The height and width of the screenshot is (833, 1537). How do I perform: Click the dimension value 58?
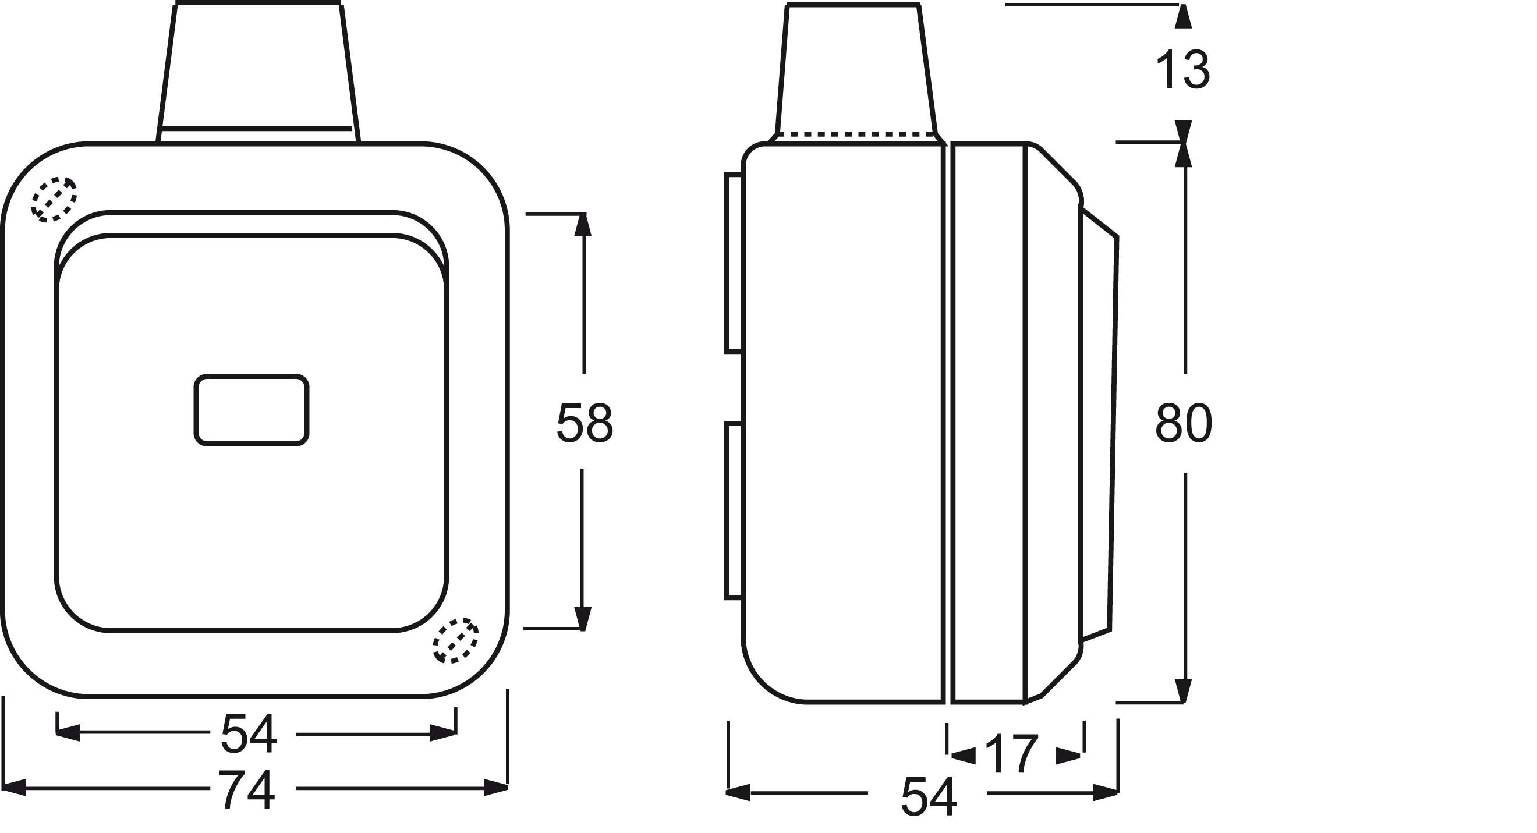584,423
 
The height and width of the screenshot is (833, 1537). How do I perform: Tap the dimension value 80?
1183,423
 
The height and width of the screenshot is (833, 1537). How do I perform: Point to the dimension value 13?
1183,70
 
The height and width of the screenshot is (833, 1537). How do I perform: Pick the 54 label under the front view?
249,734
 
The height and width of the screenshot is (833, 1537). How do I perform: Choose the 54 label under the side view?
929,796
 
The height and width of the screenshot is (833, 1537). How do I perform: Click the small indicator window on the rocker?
251,410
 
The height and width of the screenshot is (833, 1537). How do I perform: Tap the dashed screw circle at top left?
54,199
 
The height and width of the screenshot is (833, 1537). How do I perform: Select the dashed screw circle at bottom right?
455,641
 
